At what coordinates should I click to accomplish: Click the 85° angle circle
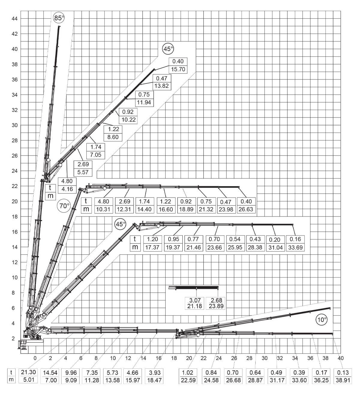(x=59, y=18)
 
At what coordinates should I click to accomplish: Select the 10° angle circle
(x=322, y=320)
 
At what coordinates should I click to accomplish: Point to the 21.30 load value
(x=28, y=372)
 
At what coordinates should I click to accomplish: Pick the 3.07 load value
(x=195, y=300)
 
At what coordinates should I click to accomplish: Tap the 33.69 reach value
(x=295, y=247)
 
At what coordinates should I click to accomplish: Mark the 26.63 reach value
(x=246, y=209)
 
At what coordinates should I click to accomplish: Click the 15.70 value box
(x=178, y=69)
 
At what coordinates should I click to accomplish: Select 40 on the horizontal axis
(x=340, y=358)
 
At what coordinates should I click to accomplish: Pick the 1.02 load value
(x=187, y=372)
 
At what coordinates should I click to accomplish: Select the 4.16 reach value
(x=67, y=189)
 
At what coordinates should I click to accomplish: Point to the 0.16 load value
(x=295, y=239)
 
